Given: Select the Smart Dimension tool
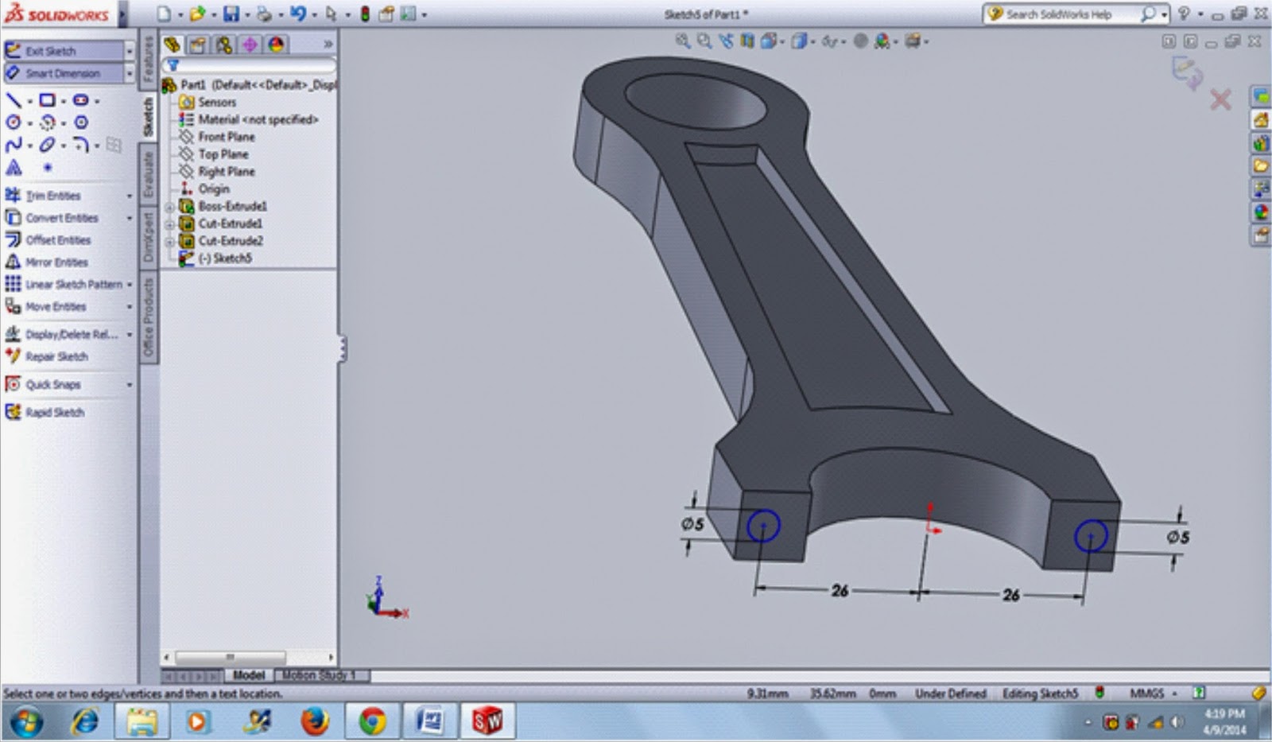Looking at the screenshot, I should (62, 73).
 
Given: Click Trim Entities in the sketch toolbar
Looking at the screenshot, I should (52, 196).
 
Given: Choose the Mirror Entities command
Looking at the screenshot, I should (56, 262).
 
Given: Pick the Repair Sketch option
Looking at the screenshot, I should (56, 357).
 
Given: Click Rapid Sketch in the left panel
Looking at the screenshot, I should (54, 413).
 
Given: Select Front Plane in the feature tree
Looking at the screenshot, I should (226, 137).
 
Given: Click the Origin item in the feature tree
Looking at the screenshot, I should (213, 189).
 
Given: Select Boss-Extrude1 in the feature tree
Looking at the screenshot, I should (232, 207).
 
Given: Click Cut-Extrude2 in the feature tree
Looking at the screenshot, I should (230, 241).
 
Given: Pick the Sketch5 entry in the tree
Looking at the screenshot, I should (231, 258).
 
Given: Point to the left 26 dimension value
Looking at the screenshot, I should (840, 590).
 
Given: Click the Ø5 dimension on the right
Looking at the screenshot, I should (1177, 538).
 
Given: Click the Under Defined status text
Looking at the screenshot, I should (950, 693).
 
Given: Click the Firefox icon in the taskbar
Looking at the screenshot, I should (315, 721).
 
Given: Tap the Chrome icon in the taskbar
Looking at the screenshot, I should (371, 721).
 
